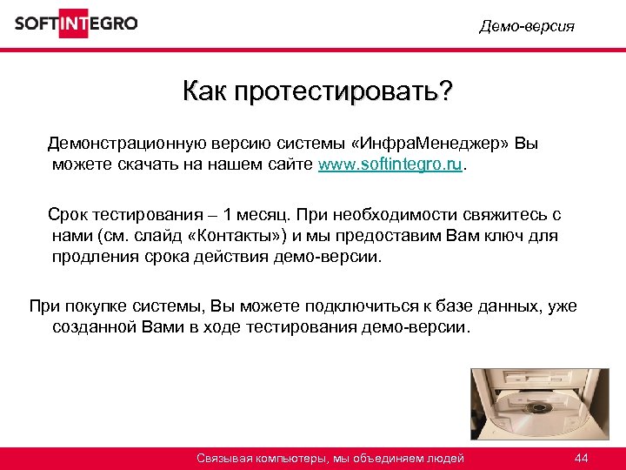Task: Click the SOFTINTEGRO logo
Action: click(77, 23)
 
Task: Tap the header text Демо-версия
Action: click(527, 26)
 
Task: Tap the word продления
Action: click(92, 258)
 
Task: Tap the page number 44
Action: click(582, 459)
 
